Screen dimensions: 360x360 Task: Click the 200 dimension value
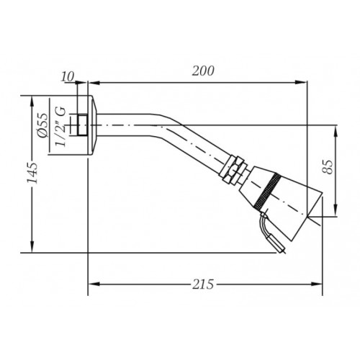[x=203, y=71]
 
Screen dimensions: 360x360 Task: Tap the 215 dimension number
[x=203, y=284]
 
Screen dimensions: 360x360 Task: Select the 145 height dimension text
[x=32, y=173]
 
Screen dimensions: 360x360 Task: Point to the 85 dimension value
[x=328, y=166]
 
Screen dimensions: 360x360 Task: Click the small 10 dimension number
[x=67, y=77]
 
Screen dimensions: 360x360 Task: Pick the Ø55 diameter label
[x=43, y=126]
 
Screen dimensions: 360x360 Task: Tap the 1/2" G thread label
[x=60, y=127]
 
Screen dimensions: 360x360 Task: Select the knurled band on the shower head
[x=267, y=191]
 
